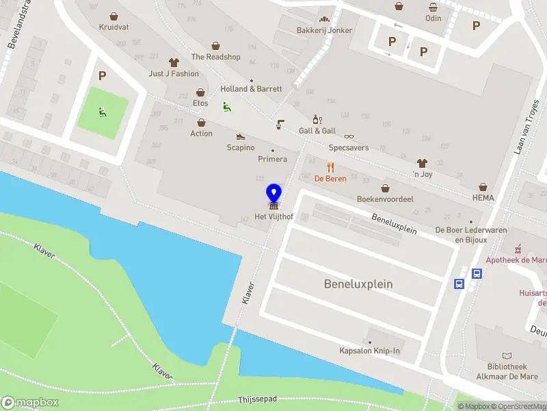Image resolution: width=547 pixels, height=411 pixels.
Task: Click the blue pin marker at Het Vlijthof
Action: pos(273,195)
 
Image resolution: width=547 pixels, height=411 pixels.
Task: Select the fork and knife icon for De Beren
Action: pos(331,166)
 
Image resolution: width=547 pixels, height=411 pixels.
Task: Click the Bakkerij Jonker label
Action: pos(324,30)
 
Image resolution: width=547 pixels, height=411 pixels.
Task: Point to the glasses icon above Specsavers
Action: pos(349,136)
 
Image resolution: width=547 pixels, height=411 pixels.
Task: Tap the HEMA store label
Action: pos(483,198)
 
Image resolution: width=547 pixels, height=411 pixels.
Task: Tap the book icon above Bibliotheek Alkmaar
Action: pos(506,356)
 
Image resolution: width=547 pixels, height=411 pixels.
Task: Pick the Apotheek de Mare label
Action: pos(516,260)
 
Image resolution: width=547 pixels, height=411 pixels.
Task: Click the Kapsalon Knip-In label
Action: pos(369,351)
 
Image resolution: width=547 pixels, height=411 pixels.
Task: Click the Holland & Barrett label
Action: pos(251,89)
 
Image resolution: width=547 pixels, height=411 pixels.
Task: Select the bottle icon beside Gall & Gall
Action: pos(316,119)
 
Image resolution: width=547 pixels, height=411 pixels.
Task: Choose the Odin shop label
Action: pos(433,18)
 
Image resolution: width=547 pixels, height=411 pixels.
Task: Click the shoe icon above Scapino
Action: pos(241,136)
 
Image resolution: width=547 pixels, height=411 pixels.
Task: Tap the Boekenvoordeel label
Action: pos(385,199)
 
